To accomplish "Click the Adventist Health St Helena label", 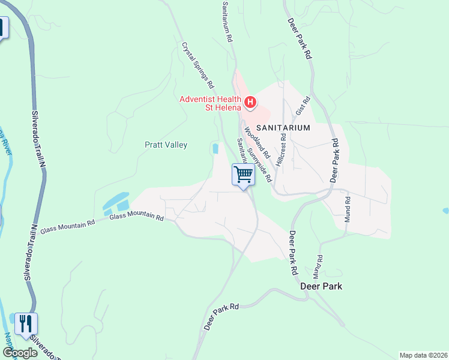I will click(211, 103).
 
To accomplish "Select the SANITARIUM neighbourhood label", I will click(283, 128).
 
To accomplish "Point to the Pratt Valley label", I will click(166, 145).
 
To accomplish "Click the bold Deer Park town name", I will click(321, 286).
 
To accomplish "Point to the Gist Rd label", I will click(302, 106).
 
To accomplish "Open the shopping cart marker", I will click(243, 175).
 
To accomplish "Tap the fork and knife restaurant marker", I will click(26, 325).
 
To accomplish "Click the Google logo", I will click(20, 352).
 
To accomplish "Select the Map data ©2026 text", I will click(423, 355).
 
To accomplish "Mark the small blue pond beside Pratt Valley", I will click(215, 148).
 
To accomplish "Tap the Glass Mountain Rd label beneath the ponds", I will click(137, 217).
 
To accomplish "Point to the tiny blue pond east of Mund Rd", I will click(445, 211).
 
